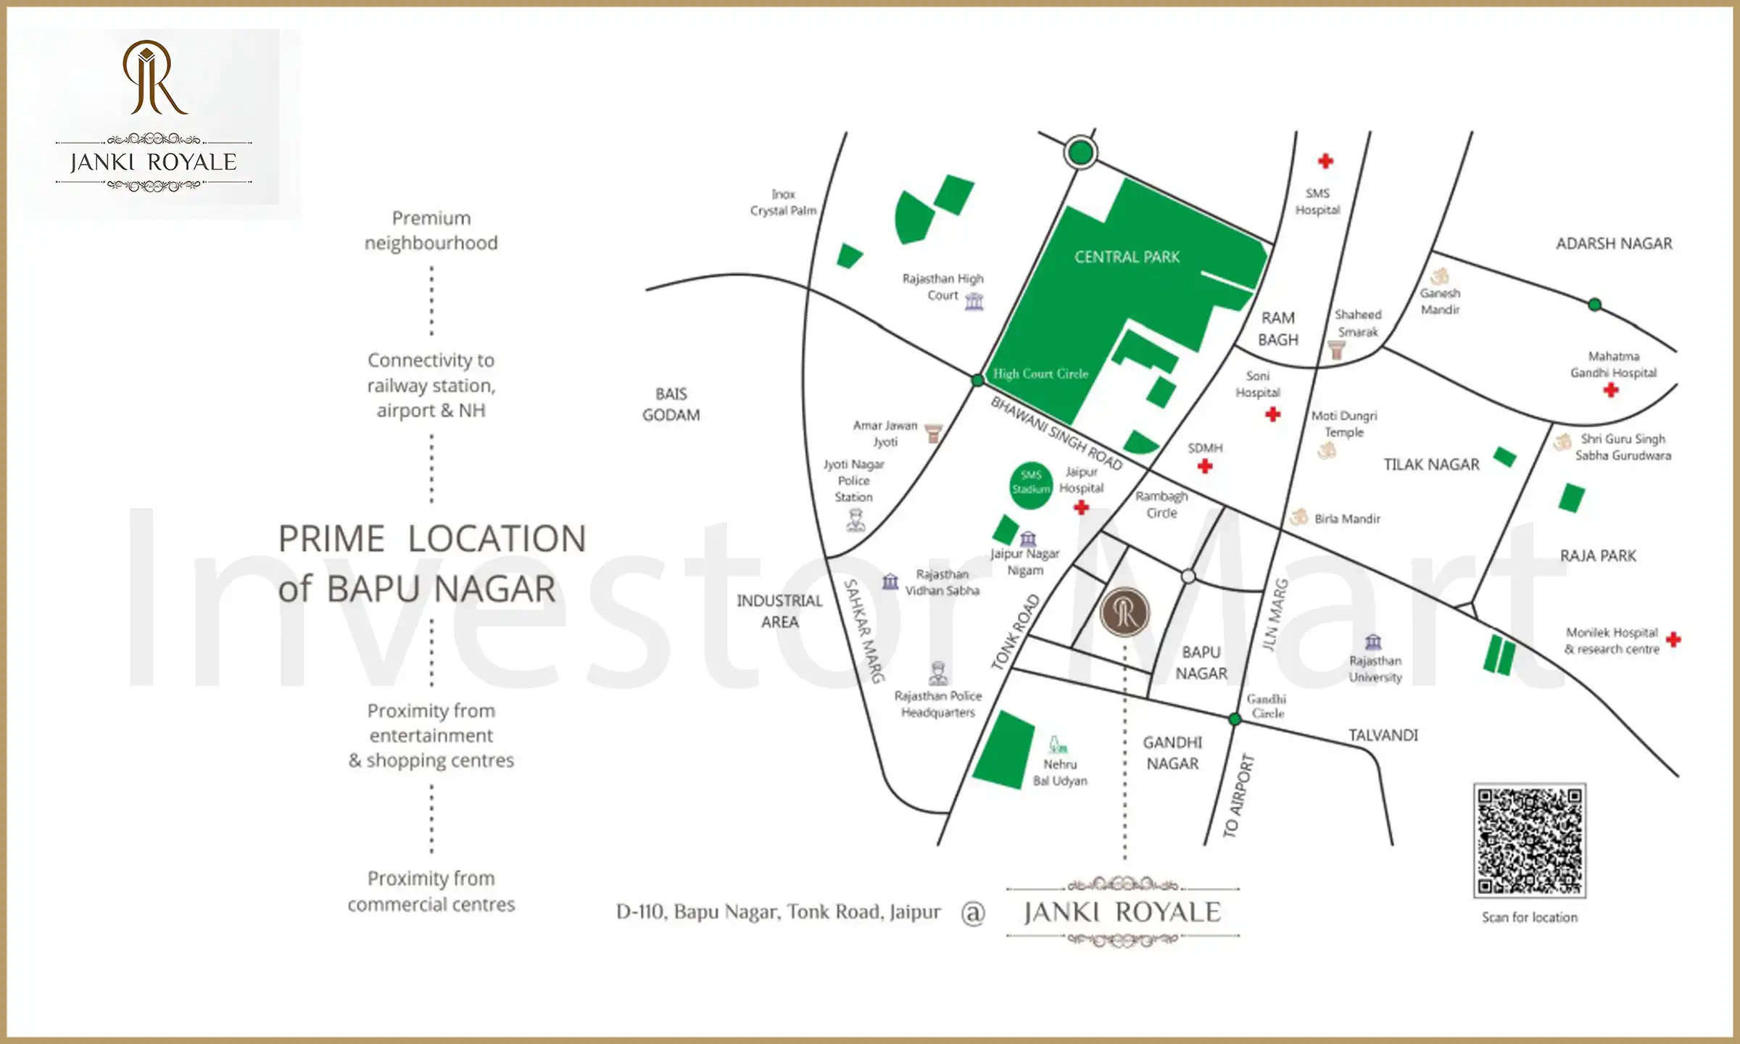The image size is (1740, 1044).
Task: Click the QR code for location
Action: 1530,840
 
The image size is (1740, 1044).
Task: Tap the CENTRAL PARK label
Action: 1127,257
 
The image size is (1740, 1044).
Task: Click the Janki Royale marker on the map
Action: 1124,612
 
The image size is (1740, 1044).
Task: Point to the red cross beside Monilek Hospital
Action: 1673,639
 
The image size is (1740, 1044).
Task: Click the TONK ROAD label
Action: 1015,631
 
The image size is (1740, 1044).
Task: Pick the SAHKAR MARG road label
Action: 864,631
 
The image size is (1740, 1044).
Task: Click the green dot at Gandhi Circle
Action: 1235,719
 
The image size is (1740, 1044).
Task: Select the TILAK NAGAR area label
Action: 1431,465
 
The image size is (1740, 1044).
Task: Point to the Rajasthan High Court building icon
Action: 974,301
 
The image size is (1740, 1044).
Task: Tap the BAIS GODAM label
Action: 671,405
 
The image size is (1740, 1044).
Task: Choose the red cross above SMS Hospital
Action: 1325,161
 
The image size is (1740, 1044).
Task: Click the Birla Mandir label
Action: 1347,519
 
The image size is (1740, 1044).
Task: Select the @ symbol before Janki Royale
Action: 973,913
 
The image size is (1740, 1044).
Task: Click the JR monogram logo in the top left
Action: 154,78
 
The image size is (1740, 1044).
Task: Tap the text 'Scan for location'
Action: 1529,918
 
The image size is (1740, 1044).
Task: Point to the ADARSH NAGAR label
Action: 1614,244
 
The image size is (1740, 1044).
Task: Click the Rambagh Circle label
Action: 1161,505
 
